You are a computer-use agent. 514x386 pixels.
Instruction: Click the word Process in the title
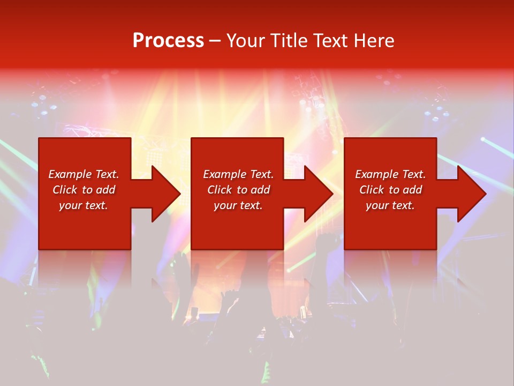coord(168,41)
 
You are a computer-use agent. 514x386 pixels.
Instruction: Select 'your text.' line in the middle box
coord(238,205)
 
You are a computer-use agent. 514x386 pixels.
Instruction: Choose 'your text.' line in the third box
coord(390,205)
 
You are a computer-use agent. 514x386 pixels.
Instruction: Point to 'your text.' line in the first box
coord(84,205)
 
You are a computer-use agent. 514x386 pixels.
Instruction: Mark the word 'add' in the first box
coord(106,190)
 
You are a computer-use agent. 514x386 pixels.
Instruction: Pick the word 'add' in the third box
coord(413,190)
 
